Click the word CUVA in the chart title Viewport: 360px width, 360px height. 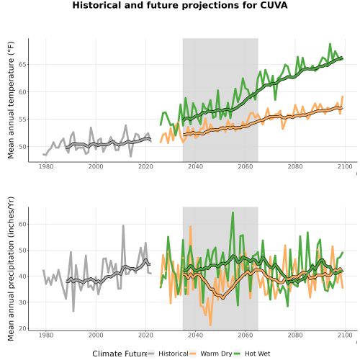tap(274, 5)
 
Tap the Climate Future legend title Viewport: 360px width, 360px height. tap(120, 354)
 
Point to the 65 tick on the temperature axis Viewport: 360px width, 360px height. tap(23, 65)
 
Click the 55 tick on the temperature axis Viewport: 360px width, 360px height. tap(23, 120)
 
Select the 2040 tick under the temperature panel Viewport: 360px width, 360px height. tap(195, 166)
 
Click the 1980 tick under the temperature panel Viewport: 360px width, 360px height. tap(46, 166)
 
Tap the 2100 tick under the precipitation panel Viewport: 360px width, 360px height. tap(345, 335)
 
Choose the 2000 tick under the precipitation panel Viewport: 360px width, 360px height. tap(96, 335)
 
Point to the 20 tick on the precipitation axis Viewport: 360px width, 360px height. tap(23, 328)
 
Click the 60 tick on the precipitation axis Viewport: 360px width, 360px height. tap(23, 224)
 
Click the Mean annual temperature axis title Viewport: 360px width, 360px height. tap(11, 100)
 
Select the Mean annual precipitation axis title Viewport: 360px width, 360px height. tap(11, 269)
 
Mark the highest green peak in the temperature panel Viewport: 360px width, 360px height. tap(330, 44)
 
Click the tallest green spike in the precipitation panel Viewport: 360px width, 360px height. tap(233, 212)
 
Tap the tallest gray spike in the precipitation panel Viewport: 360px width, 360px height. tap(123, 225)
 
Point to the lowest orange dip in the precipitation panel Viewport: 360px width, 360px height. tap(210, 325)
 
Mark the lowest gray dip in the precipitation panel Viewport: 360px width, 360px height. tap(73, 311)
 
